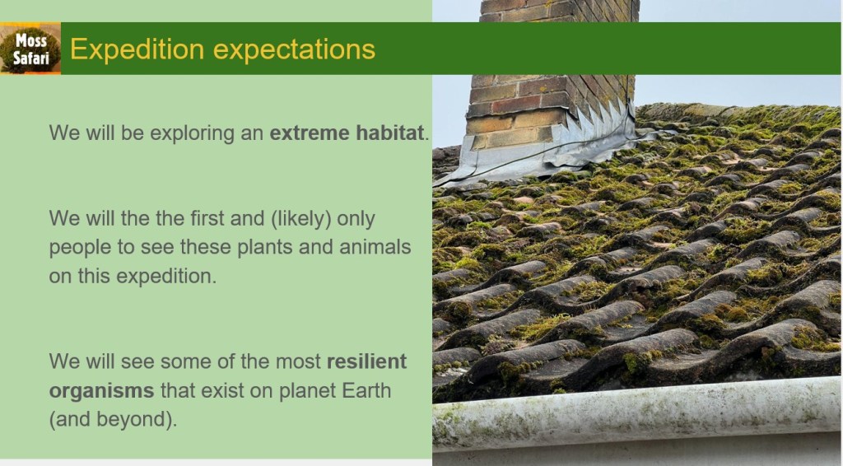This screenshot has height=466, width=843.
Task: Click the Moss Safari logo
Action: coord(30,49)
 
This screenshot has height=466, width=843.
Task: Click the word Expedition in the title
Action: coord(137,50)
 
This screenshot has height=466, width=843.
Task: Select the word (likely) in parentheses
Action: coord(300,219)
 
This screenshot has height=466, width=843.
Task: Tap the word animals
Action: coord(375,247)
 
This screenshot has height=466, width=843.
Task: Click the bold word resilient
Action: coord(366,361)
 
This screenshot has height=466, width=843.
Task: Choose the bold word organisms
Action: coord(101,391)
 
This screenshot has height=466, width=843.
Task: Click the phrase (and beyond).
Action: coord(113,419)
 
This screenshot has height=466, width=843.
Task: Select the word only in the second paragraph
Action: coord(356,219)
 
